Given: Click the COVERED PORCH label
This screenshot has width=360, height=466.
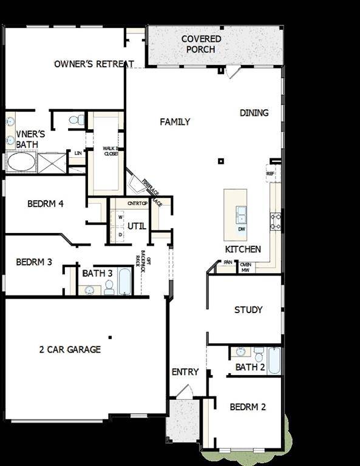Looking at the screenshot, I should click(x=201, y=44).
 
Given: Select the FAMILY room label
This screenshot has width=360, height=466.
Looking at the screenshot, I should click(x=175, y=122).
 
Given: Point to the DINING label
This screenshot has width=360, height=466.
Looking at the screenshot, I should click(x=254, y=113).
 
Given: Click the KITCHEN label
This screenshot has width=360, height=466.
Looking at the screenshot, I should click(x=243, y=249).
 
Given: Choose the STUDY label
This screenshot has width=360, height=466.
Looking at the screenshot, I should click(x=248, y=310).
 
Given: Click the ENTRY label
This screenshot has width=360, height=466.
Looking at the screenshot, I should click(x=185, y=372).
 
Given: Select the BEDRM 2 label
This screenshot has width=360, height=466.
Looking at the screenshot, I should click(x=248, y=407).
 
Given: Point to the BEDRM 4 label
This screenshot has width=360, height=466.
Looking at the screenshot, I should click(x=46, y=204).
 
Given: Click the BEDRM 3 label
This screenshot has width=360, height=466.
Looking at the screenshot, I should click(x=34, y=262).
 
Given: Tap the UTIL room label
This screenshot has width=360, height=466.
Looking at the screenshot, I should click(x=137, y=227).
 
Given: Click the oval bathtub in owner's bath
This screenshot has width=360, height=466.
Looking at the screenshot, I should click(x=21, y=163).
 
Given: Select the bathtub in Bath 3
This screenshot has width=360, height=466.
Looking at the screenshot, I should click(x=125, y=282).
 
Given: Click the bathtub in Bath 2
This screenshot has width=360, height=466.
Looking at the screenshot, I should click(x=274, y=360).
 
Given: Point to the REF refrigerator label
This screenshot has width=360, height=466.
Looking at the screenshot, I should click(x=270, y=174).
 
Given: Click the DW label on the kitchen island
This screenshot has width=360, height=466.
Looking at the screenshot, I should click(x=241, y=229).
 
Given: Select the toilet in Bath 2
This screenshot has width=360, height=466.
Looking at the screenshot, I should click(x=259, y=354).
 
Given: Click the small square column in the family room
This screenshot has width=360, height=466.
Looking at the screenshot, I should click(x=221, y=161).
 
